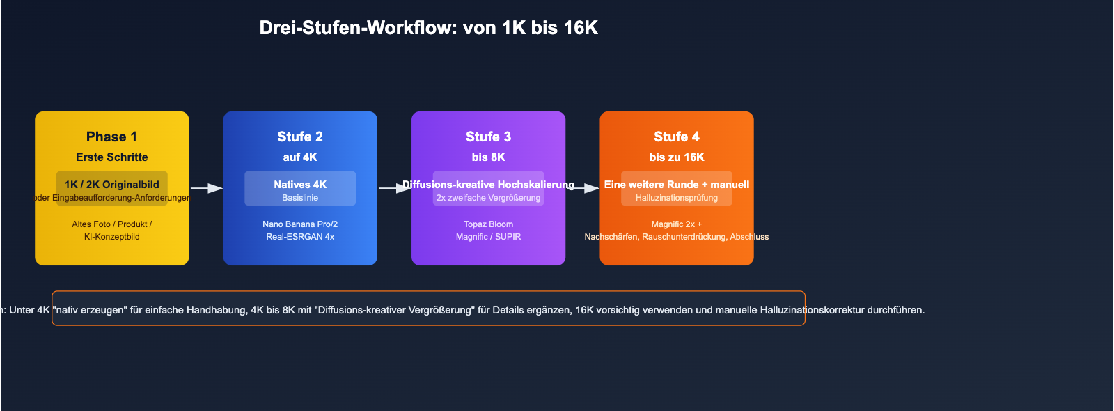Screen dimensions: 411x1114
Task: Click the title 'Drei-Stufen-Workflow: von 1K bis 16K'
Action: coord(428,28)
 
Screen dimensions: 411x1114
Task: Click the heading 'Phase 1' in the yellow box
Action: coord(111,137)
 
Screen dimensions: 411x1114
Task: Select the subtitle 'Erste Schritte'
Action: coord(111,157)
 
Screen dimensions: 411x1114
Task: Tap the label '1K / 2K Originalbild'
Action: coord(111,185)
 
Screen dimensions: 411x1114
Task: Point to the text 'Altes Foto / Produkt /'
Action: coord(111,224)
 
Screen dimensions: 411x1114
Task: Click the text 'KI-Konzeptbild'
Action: coord(111,237)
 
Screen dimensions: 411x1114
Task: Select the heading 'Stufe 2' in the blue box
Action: coord(300,137)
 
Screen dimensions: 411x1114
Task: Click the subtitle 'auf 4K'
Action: coord(300,157)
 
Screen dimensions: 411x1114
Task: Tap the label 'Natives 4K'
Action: coord(300,185)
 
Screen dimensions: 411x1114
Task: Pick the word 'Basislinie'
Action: coord(300,198)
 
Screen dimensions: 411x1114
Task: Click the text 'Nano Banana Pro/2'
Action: coord(300,224)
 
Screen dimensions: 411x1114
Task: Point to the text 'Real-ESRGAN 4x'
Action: coord(300,237)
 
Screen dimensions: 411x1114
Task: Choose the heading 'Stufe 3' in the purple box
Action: coord(488,137)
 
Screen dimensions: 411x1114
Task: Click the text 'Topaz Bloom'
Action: coord(488,224)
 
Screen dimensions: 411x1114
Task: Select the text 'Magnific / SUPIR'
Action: coord(488,237)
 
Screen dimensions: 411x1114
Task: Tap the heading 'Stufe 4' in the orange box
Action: coord(677,137)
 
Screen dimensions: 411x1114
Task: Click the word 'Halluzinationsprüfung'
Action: coord(677,198)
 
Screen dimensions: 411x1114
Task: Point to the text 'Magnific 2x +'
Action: coord(677,224)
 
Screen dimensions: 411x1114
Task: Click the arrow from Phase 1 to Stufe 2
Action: coord(206,188)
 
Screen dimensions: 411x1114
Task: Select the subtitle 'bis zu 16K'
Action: coord(677,157)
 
